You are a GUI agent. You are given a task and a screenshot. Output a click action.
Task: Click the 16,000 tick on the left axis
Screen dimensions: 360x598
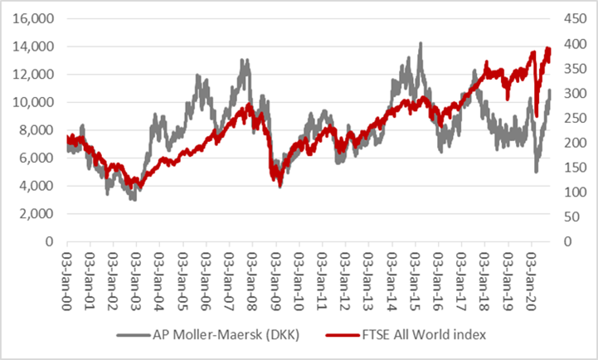32,18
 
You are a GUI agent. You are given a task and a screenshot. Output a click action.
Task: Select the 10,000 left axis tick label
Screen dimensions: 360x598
32,102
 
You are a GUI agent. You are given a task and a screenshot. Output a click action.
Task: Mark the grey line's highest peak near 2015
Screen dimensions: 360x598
421,43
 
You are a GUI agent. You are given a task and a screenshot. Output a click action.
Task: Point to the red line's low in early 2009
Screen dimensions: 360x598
280,187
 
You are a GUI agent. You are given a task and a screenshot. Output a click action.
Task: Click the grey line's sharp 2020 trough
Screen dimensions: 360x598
537,172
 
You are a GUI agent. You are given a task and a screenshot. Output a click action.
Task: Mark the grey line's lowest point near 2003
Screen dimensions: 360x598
134,200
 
